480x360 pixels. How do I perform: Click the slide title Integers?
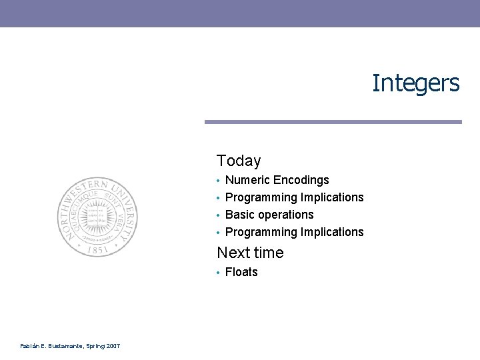pyautogui.click(x=415, y=83)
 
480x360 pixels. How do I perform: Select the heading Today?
pyautogui.click(x=239, y=161)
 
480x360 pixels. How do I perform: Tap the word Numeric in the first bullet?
pyautogui.click(x=247, y=180)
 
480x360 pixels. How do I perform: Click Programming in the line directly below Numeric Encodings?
pyautogui.click(x=261, y=197)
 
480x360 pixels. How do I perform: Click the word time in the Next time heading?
pyautogui.click(x=268, y=253)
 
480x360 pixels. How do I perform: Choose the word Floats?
pyautogui.click(x=241, y=272)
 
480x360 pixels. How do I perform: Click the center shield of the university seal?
pyautogui.click(x=97, y=215)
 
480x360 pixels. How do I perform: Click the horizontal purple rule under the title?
pyautogui.click(x=333, y=122)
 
